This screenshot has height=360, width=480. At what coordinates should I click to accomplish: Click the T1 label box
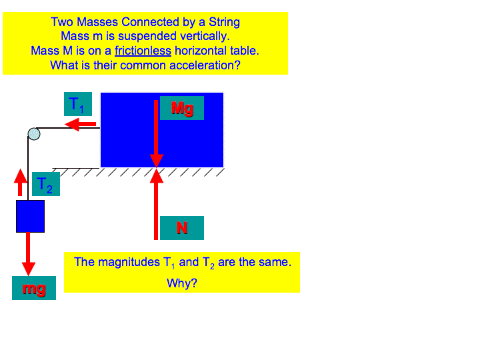coord(78,104)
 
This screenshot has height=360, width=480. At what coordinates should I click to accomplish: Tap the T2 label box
coord(46,184)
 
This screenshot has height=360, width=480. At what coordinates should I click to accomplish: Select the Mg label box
coord(182,108)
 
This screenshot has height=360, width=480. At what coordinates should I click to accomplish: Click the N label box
coord(182,228)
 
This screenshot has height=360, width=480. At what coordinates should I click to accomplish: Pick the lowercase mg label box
coord(34,288)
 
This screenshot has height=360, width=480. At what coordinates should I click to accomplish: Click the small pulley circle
coord(34,134)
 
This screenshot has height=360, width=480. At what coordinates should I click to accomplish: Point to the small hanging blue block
coord(30,217)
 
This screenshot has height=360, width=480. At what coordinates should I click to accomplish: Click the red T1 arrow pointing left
coord(80,124)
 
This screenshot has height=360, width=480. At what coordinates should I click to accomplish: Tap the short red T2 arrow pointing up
coord(21,183)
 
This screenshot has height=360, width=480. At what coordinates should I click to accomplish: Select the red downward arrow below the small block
coord(28,254)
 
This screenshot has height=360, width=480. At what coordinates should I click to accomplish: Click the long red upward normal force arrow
coord(156,204)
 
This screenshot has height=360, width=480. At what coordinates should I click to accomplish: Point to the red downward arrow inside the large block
coord(156,134)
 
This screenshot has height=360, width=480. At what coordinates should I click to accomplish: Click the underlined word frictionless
coord(143,51)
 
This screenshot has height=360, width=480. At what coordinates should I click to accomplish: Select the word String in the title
coord(224,23)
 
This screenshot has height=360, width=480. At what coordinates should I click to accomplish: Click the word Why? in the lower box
coord(182,283)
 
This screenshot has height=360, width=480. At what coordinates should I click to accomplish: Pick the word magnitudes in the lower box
coord(129,263)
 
